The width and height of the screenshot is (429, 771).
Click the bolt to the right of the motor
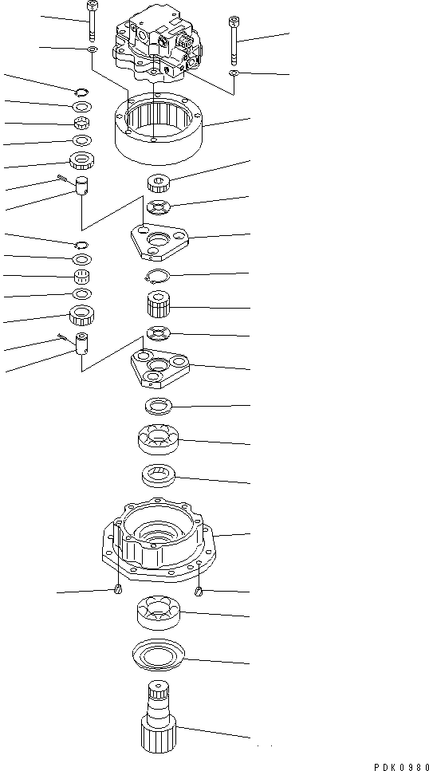tap(234, 41)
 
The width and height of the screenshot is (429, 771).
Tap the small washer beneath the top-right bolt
tap(234, 73)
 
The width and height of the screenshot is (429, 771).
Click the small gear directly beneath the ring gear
tap(159, 186)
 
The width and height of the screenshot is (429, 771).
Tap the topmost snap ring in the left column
tap(82, 90)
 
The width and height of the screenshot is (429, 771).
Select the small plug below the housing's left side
tap(118, 589)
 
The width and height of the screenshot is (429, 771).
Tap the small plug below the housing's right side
tap(199, 591)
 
